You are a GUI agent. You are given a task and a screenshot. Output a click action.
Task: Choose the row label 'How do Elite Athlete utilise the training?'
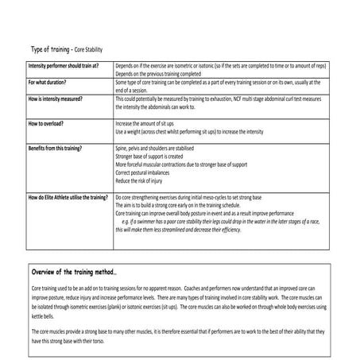[x=68, y=196]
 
